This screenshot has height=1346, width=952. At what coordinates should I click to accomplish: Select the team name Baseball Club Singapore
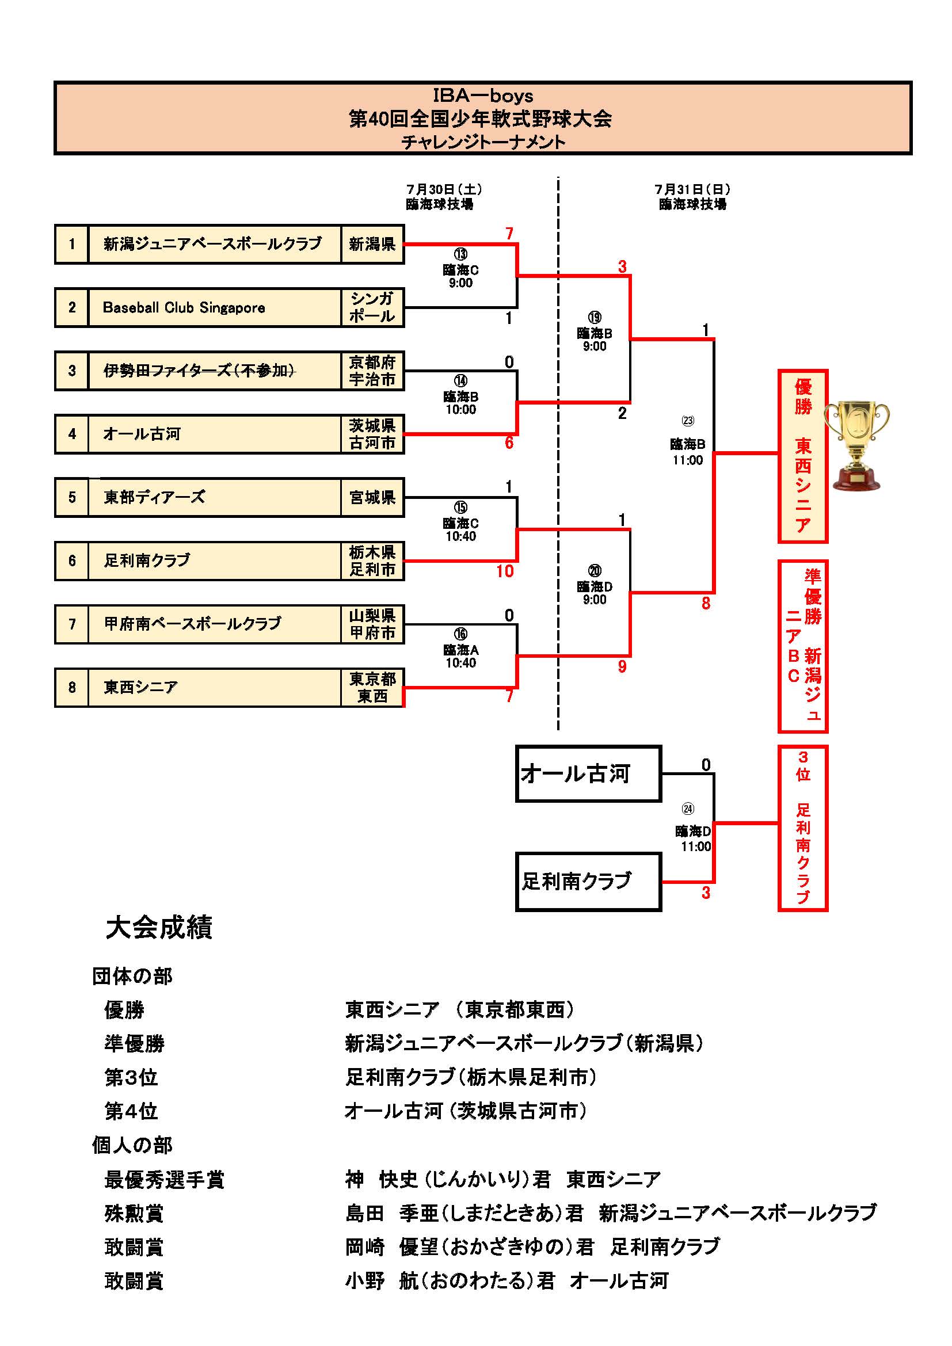click(x=184, y=308)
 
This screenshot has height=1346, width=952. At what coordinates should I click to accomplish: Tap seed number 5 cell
click(x=71, y=498)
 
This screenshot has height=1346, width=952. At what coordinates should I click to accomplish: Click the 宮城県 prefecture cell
click(x=372, y=498)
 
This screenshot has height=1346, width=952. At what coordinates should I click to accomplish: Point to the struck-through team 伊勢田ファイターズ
click(x=199, y=371)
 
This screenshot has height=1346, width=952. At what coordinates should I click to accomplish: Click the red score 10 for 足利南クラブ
click(x=505, y=571)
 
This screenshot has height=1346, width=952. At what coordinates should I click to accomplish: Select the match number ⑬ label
click(x=461, y=254)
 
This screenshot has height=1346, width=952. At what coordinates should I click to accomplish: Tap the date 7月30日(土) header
click(x=444, y=189)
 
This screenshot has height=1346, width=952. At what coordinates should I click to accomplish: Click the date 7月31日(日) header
click(x=692, y=189)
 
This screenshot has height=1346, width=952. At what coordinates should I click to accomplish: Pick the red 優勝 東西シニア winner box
click(x=802, y=456)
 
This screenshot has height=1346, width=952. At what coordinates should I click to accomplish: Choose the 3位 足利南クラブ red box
click(x=802, y=828)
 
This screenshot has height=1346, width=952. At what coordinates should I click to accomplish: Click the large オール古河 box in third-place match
click(x=588, y=773)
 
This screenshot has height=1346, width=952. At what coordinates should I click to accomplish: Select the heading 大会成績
click(x=159, y=928)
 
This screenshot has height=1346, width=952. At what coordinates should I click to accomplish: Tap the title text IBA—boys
click(x=482, y=96)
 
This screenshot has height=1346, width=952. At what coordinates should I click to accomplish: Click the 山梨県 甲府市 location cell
click(x=372, y=624)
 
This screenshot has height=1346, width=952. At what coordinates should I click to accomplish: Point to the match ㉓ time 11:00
click(x=688, y=460)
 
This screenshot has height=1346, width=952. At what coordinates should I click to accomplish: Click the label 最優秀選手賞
click(x=164, y=1180)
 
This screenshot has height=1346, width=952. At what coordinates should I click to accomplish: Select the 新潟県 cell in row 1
click(x=372, y=244)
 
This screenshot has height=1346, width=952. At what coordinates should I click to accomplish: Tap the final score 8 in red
click(x=706, y=603)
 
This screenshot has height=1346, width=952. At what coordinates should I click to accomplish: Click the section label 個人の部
click(x=132, y=1145)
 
